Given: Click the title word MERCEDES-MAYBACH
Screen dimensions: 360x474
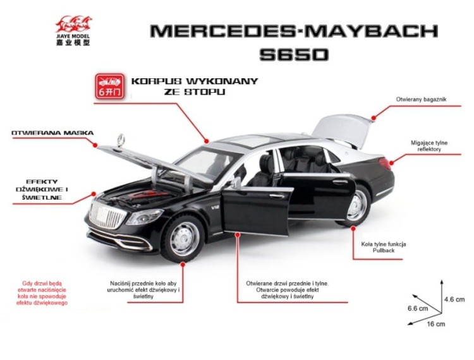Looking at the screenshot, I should coord(294,31).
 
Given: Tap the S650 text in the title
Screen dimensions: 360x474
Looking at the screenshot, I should coord(294,54).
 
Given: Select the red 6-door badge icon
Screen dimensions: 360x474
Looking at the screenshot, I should coord(109,85).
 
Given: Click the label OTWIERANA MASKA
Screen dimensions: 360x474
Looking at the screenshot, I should coord(52,133).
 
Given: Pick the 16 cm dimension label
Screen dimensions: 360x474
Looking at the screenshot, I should coord(436,324).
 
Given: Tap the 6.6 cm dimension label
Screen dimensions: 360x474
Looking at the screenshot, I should coord(417,308).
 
